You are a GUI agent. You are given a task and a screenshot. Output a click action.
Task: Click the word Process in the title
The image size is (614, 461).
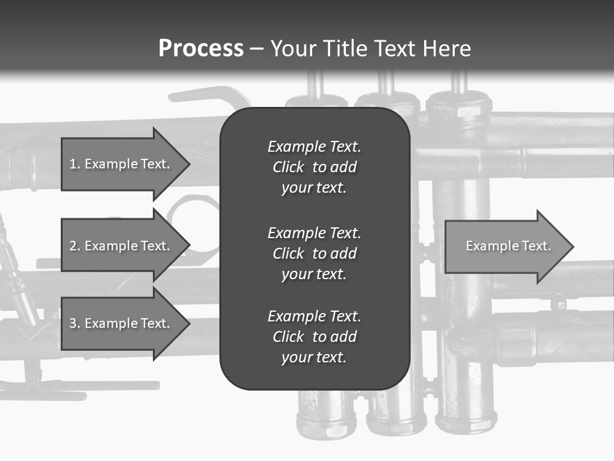click(201, 49)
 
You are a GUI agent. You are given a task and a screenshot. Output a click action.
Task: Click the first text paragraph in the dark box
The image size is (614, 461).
click(314, 167)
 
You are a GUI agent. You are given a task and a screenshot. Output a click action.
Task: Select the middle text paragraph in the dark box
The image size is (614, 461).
click(314, 254)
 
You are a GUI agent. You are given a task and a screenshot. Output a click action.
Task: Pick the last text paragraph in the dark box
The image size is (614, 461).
click(314, 337)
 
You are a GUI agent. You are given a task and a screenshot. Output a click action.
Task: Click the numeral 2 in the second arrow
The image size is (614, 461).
click(73, 246)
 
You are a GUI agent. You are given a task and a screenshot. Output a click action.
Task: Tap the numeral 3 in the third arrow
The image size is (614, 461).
click(73, 323)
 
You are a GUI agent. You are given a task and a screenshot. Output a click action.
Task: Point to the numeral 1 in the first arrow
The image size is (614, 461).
click(73, 164)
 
